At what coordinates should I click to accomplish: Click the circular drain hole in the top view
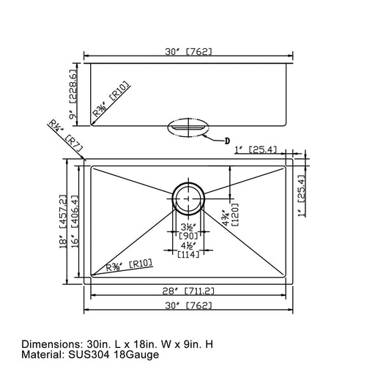click(x=188, y=198)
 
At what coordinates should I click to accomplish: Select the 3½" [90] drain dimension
click(x=188, y=232)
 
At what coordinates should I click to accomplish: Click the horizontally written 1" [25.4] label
click(x=257, y=149)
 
